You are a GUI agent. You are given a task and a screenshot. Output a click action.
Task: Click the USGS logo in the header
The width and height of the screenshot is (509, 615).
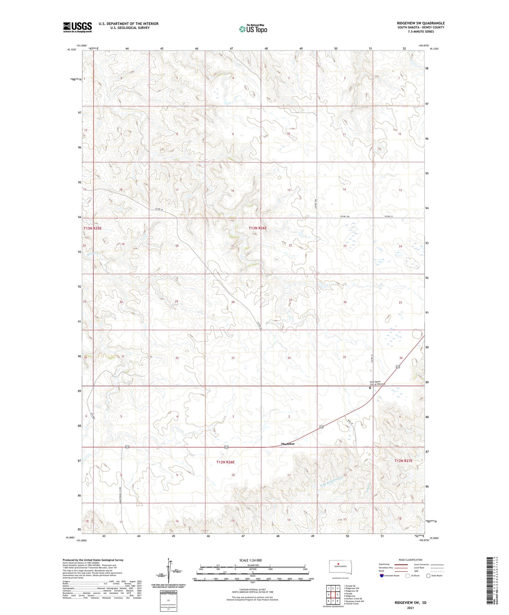pyautogui.click(x=77, y=27)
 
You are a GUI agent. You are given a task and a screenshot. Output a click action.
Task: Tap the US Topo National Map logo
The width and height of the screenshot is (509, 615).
pyautogui.click(x=253, y=29)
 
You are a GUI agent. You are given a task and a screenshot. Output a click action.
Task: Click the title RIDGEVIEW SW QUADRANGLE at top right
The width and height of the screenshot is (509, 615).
pyautogui.click(x=420, y=23)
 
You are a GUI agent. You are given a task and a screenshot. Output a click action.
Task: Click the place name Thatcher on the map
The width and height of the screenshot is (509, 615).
pyautogui.click(x=288, y=444)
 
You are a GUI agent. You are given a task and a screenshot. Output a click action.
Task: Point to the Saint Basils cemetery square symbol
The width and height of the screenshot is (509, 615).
pyautogui.click(x=370, y=387)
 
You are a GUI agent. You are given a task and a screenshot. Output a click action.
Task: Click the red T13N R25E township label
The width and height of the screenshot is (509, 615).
pyautogui.click(x=92, y=228)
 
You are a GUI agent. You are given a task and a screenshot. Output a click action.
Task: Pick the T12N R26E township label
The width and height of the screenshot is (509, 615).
pyautogui.click(x=225, y=462)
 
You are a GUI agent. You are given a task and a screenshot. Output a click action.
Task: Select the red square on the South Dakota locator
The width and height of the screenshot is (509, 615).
pyautogui.click(x=338, y=564)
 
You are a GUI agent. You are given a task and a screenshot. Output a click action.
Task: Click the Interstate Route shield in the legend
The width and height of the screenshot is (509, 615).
pyautogui.click(x=381, y=576)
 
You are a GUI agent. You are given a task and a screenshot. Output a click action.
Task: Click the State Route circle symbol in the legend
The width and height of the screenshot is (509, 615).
pyautogui.click(x=428, y=576)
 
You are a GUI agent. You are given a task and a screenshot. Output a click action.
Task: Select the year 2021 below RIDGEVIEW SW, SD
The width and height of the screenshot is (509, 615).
pyautogui.click(x=410, y=608)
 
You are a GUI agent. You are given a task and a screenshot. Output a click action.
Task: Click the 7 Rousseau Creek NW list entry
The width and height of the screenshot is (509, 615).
pyautogui.click(x=354, y=601)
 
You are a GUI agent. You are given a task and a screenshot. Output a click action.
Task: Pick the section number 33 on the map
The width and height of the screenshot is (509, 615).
pyautogui.click(x=233, y=358)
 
